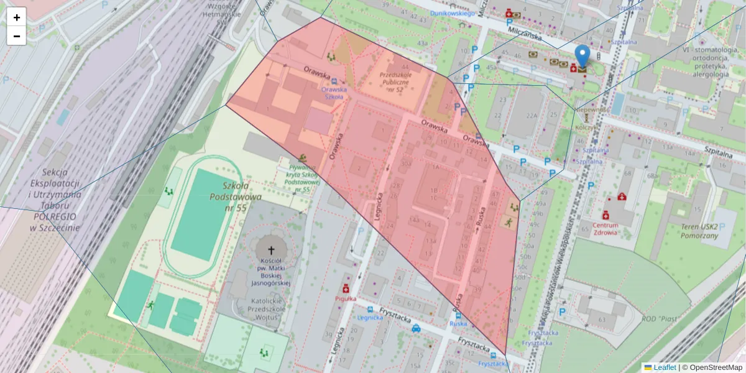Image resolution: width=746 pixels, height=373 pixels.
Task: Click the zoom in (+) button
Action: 17,17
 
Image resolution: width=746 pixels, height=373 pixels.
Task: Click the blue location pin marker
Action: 582,57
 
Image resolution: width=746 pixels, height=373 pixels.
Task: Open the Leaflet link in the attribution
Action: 664,367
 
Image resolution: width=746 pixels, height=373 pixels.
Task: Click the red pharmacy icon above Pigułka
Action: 346,288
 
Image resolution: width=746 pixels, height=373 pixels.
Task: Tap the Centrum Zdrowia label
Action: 605,229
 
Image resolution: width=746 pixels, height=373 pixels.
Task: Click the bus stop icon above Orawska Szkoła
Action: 334,81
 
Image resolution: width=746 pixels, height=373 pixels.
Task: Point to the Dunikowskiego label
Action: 453,12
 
